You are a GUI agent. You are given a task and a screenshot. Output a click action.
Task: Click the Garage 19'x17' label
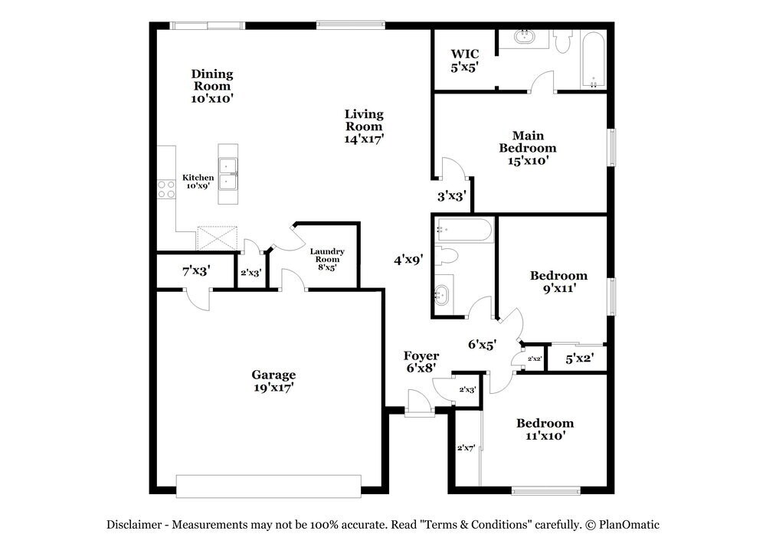(273, 381)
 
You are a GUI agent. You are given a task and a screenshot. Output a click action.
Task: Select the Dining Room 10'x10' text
(212, 86)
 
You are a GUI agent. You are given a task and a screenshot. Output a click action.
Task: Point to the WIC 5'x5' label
(465, 61)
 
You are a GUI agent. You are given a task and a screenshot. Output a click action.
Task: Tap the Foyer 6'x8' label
(421, 362)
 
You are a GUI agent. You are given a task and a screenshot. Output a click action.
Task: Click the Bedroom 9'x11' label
(559, 282)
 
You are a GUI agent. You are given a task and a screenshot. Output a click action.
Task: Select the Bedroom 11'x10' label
(545, 430)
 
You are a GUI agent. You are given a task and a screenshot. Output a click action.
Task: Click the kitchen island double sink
(228, 174)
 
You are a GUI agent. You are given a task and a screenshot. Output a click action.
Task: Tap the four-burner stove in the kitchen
(166, 189)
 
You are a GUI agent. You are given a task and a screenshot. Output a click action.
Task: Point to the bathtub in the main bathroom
(594, 60)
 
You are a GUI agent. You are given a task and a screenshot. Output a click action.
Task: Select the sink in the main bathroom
(525, 37)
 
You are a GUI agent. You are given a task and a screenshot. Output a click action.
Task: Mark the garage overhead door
(269, 487)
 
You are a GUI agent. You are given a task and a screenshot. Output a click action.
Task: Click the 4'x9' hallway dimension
(408, 260)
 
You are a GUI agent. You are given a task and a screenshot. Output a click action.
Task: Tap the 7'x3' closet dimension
(196, 270)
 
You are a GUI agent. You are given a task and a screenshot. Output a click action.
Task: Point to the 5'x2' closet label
(579, 359)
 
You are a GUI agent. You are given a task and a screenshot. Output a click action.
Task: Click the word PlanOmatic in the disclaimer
(629, 525)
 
